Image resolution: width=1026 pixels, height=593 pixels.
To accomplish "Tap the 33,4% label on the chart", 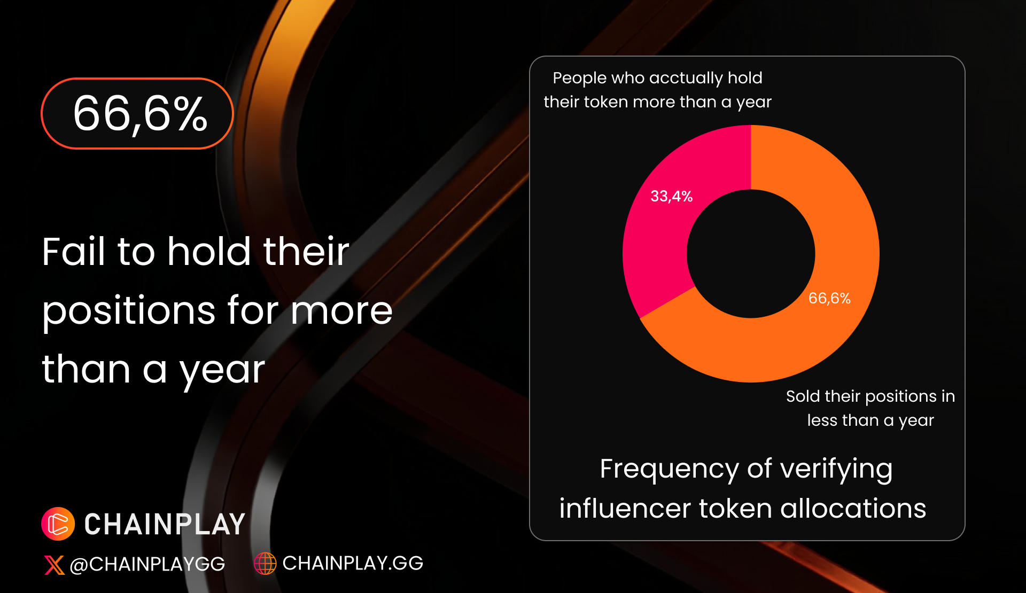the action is (x=671, y=197).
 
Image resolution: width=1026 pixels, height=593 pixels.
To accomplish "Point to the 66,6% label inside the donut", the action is (x=829, y=298).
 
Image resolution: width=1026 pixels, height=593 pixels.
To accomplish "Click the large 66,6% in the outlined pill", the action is (x=140, y=114).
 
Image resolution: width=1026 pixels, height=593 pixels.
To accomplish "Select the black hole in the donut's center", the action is (x=751, y=254).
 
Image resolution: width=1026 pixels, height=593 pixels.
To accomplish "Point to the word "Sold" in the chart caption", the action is (x=803, y=396).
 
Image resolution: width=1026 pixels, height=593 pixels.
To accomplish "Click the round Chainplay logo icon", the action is (x=58, y=524).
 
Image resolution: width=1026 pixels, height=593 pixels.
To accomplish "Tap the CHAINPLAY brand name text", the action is (x=165, y=524).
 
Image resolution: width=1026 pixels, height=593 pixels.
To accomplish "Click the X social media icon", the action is (x=54, y=565).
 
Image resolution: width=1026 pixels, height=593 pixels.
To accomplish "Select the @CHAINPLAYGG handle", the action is (x=147, y=564).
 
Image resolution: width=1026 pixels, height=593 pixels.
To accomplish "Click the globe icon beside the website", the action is (x=265, y=563).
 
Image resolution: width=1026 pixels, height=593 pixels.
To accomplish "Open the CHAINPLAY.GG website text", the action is (x=353, y=563).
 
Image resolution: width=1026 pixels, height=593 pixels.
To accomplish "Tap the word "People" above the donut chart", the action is (x=580, y=78).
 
